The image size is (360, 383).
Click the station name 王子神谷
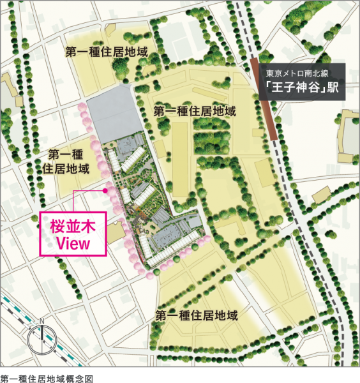[x=296, y=87]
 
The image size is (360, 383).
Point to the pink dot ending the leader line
[x=106, y=190]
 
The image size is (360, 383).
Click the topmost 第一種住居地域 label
[x=107, y=52]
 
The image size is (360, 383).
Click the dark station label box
[x=300, y=80]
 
